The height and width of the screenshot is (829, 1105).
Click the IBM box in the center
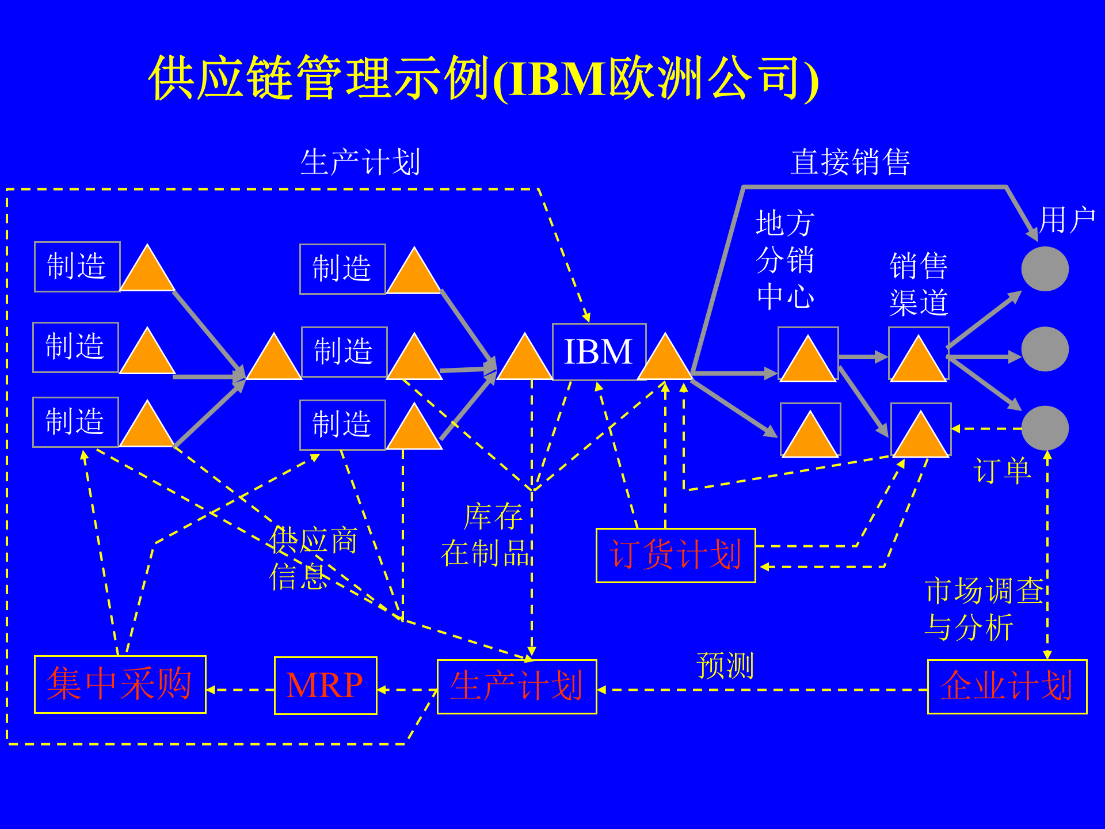599,352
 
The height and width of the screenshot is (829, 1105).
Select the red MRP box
325,685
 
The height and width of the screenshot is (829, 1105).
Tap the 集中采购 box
120,684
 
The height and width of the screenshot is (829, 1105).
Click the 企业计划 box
1007,686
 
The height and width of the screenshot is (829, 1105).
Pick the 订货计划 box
675,555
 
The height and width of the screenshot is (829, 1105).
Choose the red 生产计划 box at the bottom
516,686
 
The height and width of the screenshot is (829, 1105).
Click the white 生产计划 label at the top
360,162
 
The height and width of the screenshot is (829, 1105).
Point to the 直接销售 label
850,162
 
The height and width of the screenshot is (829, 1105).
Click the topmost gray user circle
1045,269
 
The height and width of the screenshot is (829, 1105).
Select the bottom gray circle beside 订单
1045,428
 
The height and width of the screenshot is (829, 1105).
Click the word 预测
725,666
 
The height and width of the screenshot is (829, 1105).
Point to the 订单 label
1001,471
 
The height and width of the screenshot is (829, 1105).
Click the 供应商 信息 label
313,557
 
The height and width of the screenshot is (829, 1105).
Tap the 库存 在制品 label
487,534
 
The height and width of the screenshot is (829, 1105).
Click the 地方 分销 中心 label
784,260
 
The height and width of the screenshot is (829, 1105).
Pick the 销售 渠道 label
918,284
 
